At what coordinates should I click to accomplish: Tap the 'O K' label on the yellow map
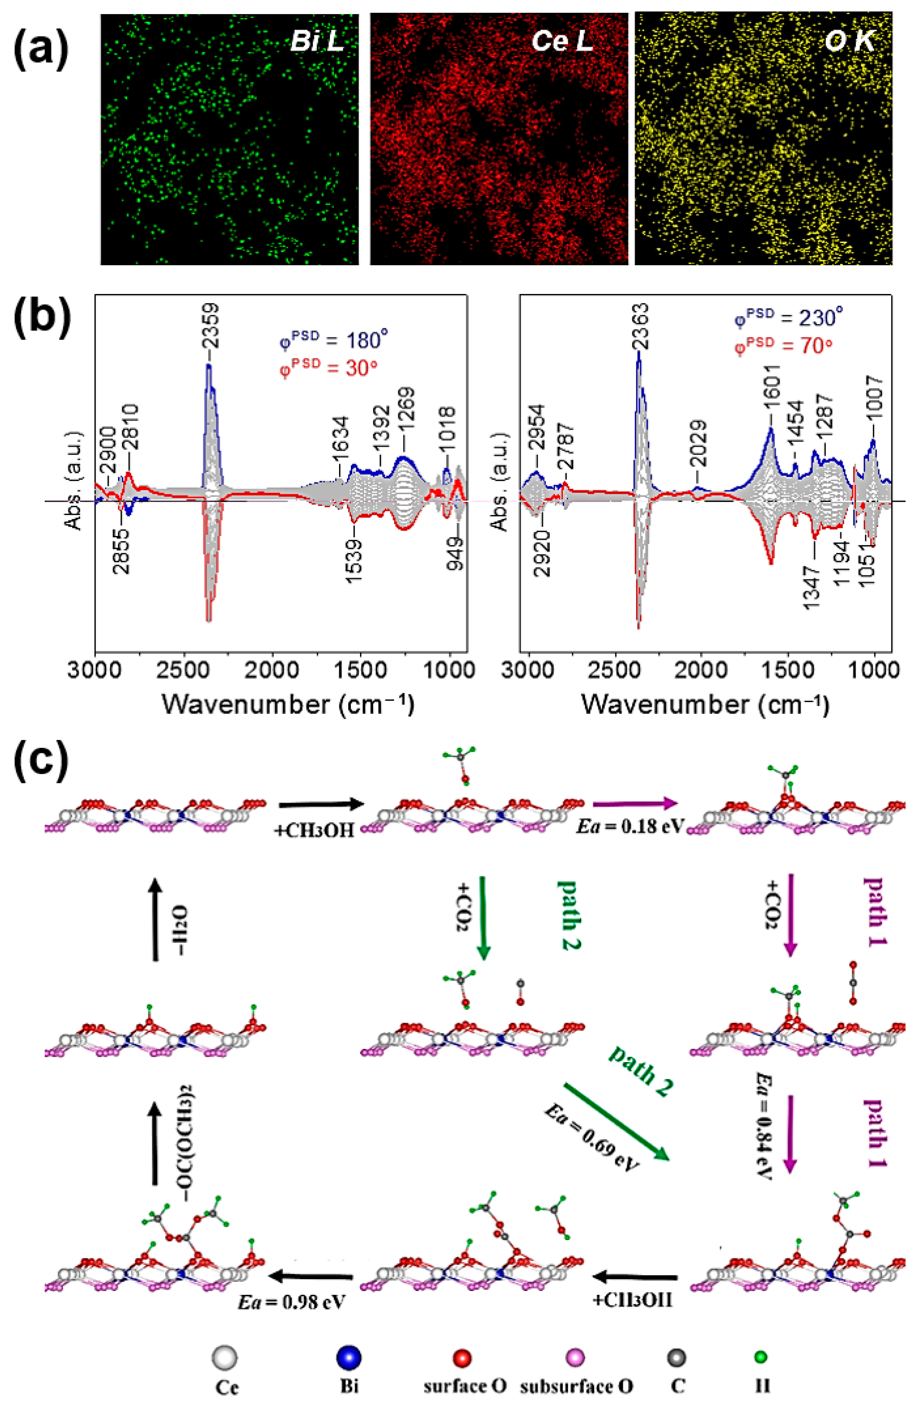tap(849, 41)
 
